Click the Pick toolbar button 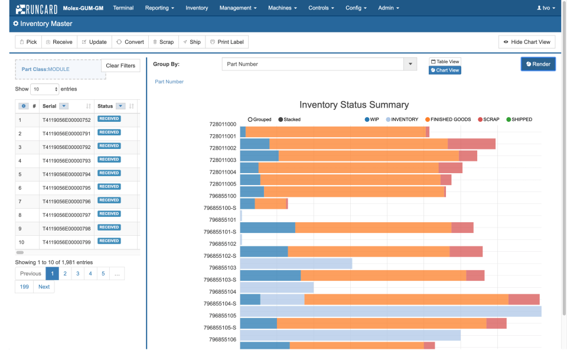pyautogui.click(x=28, y=42)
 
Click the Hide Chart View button pyautogui.click(x=527, y=42)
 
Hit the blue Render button pyautogui.click(x=538, y=64)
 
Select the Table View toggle pyautogui.click(x=445, y=61)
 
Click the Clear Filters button pyautogui.click(x=120, y=66)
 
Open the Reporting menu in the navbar pyautogui.click(x=159, y=8)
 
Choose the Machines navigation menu pyautogui.click(x=282, y=8)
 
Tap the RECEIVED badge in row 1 pyautogui.click(x=109, y=119)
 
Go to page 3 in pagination pyautogui.click(x=77, y=274)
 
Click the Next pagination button pyautogui.click(x=44, y=287)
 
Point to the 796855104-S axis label pyautogui.click(x=220, y=304)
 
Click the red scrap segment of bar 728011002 pyautogui.click(x=471, y=144)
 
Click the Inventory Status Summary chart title pyautogui.click(x=354, y=105)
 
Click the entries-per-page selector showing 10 pyautogui.click(x=44, y=89)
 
